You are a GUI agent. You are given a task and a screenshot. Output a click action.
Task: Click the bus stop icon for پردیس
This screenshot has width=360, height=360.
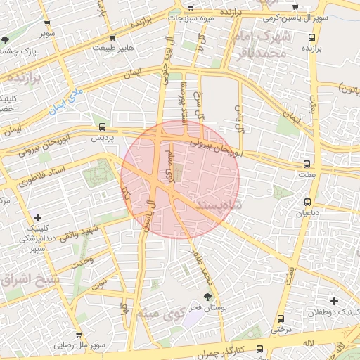click(x=103, y=127)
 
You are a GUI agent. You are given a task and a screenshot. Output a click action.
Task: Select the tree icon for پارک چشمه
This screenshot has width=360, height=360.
click(x=6, y=40)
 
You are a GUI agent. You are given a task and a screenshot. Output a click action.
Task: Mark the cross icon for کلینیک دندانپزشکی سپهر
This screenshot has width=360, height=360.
click(x=37, y=217)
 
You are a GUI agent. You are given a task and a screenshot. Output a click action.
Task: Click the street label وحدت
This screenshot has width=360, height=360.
click(x=82, y=262)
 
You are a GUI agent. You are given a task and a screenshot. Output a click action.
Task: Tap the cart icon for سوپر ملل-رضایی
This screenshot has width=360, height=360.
click(x=79, y=335)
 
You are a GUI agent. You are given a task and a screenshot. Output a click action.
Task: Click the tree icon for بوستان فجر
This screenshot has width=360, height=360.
click(x=207, y=296)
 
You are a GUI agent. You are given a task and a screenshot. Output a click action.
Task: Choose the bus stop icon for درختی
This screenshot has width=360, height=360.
click(x=281, y=318)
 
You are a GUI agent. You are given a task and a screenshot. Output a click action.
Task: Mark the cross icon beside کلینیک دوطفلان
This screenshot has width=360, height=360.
click(x=335, y=301)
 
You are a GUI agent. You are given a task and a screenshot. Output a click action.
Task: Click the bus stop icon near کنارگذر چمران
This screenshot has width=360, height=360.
click(x=259, y=348)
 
